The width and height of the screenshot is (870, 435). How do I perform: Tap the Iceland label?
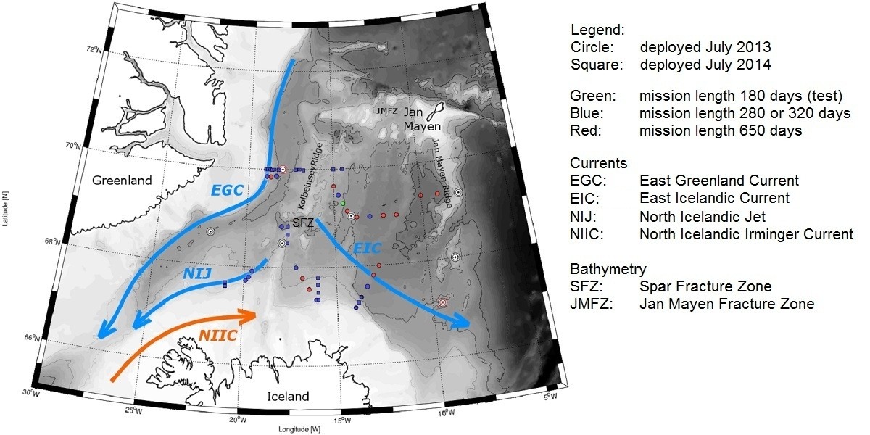[288, 397]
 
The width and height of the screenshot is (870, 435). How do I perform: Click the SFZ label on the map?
[303, 224]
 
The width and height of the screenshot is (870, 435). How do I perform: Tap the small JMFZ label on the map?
[387, 111]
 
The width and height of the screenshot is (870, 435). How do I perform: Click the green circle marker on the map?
[343, 203]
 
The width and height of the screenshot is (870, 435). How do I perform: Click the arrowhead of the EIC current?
[463, 323]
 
